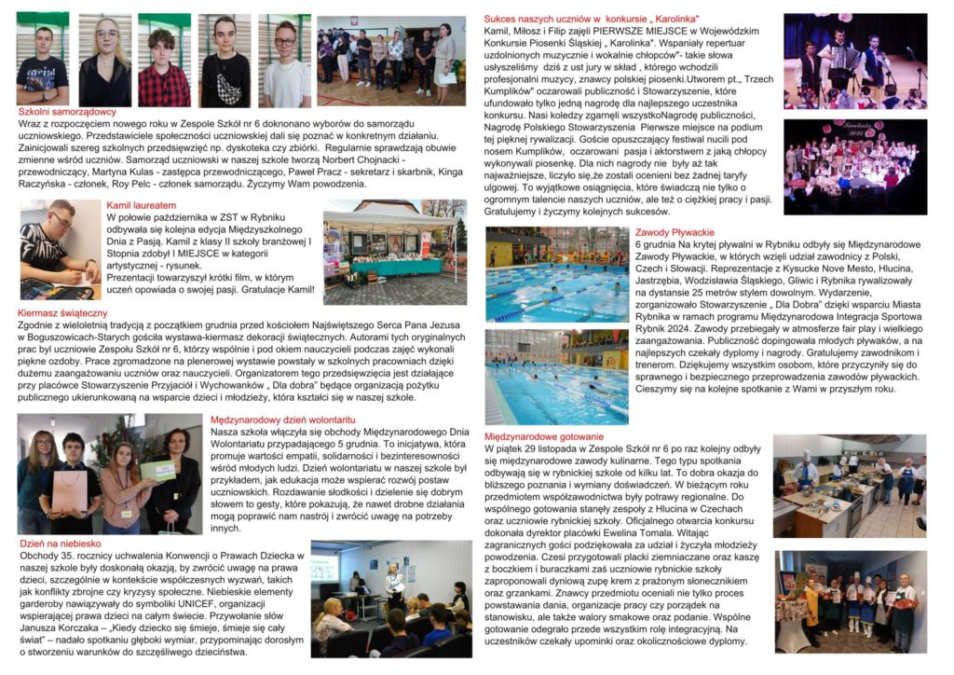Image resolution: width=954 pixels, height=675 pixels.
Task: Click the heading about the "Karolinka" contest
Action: pos(597,19)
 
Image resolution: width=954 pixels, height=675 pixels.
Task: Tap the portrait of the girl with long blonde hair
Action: pos(105,61)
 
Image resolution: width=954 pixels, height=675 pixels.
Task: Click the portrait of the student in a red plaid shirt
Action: pos(164,61)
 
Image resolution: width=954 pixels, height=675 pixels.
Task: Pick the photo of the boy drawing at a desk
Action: pos(60,249)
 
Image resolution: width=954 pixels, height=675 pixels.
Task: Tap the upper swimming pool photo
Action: pos(556,273)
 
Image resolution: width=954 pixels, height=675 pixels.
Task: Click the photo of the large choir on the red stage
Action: pos(854,166)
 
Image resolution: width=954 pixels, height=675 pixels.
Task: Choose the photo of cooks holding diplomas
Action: pos(850,601)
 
